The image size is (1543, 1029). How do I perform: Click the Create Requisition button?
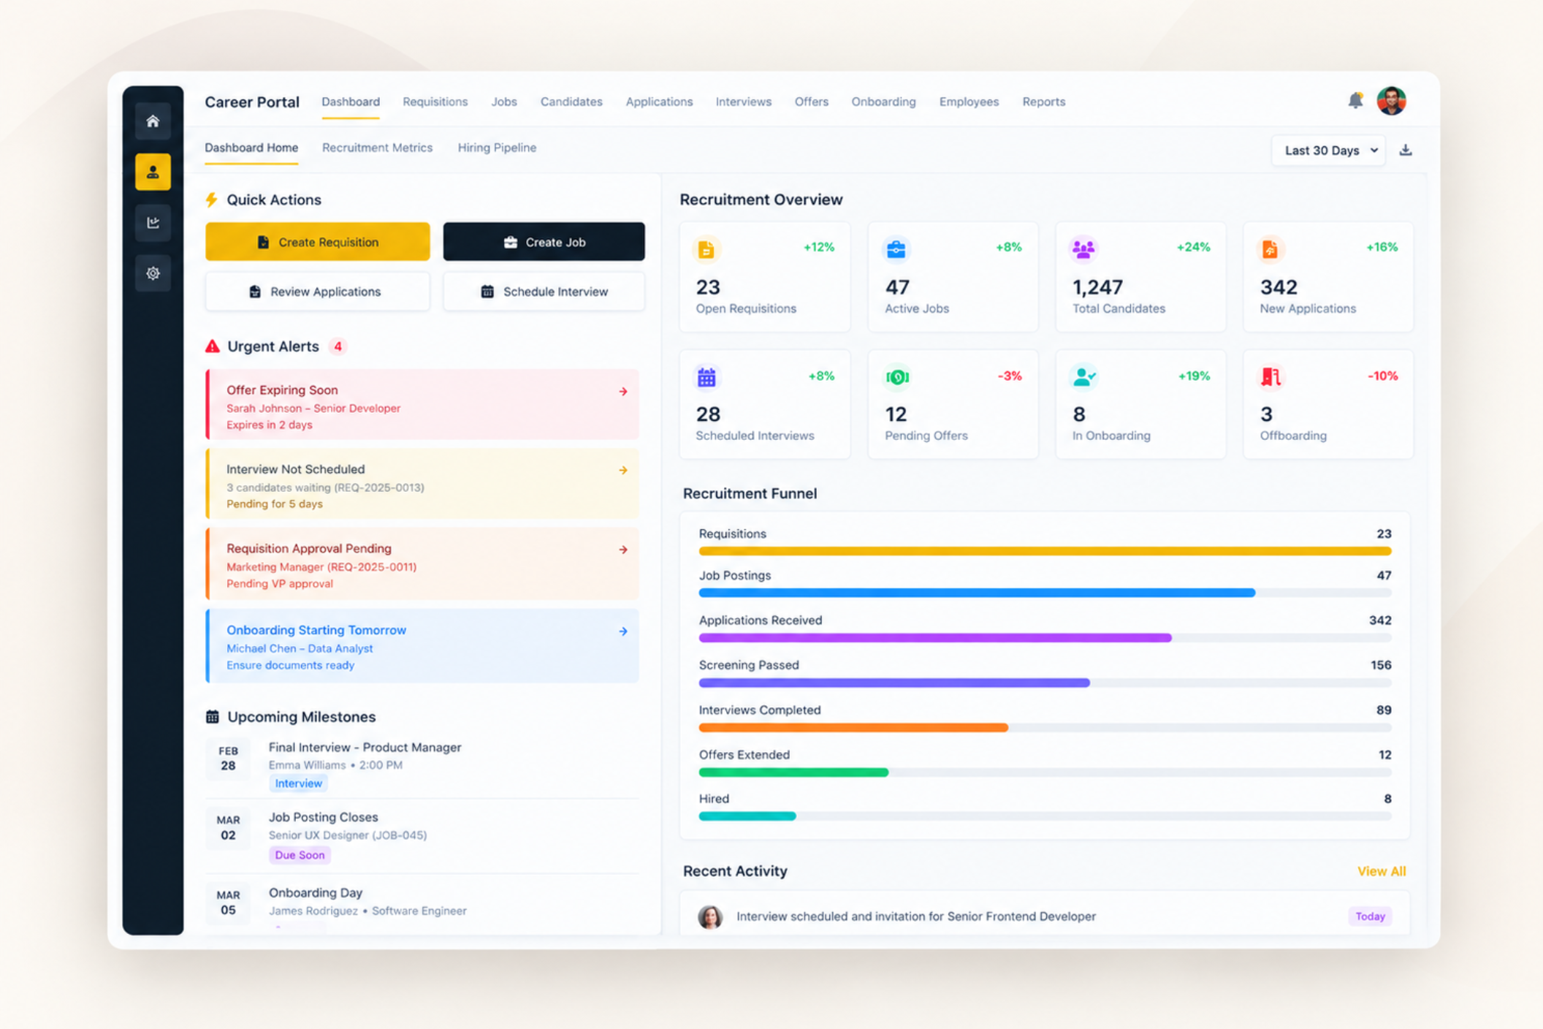point(317,242)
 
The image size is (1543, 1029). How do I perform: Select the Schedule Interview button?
point(544,292)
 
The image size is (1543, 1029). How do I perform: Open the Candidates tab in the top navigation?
point(571,102)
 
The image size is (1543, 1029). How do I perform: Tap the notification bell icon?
point(1355,101)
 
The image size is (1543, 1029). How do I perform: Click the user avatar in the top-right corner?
point(1391,101)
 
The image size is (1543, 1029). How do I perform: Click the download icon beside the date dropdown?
point(1406,151)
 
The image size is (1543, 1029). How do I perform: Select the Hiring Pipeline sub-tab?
point(497,148)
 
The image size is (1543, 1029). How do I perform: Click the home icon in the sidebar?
point(153,121)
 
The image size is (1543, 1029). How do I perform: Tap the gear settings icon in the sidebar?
point(153,273)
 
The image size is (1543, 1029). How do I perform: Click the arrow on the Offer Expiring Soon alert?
point(623,392)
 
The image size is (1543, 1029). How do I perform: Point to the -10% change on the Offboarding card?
point(1382,376)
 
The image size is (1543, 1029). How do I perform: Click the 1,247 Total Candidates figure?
point(1097,287)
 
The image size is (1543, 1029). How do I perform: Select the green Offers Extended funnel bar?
point(793,772)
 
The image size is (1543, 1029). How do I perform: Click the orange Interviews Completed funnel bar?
point(853,728)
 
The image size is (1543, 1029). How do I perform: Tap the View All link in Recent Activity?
point(1382,871)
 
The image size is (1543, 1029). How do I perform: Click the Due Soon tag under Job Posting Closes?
point(300,855)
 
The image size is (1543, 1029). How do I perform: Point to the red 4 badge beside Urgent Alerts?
point(338,346)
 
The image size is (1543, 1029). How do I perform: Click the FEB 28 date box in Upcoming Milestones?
point(228,759)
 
